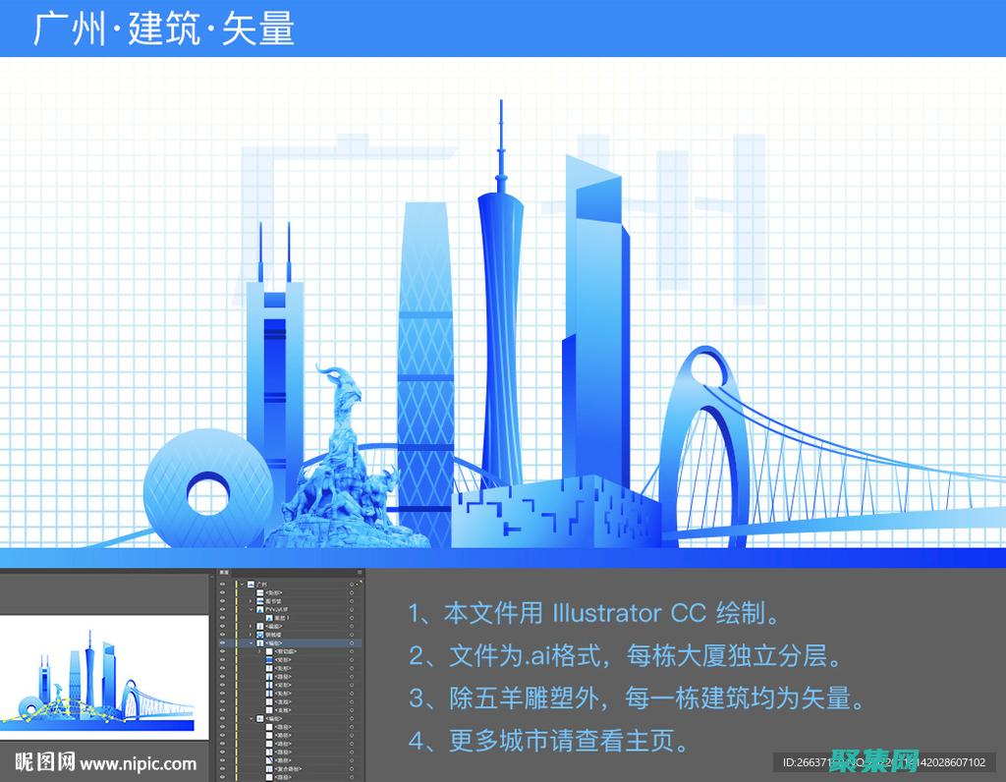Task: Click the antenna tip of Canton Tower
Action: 500,104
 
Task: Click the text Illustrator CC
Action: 629,614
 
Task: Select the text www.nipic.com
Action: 139,762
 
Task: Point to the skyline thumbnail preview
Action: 103,678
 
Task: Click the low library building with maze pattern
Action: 555,511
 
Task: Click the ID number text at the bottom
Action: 884,762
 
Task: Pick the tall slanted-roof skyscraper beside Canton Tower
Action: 595,324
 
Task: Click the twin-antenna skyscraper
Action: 274,373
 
